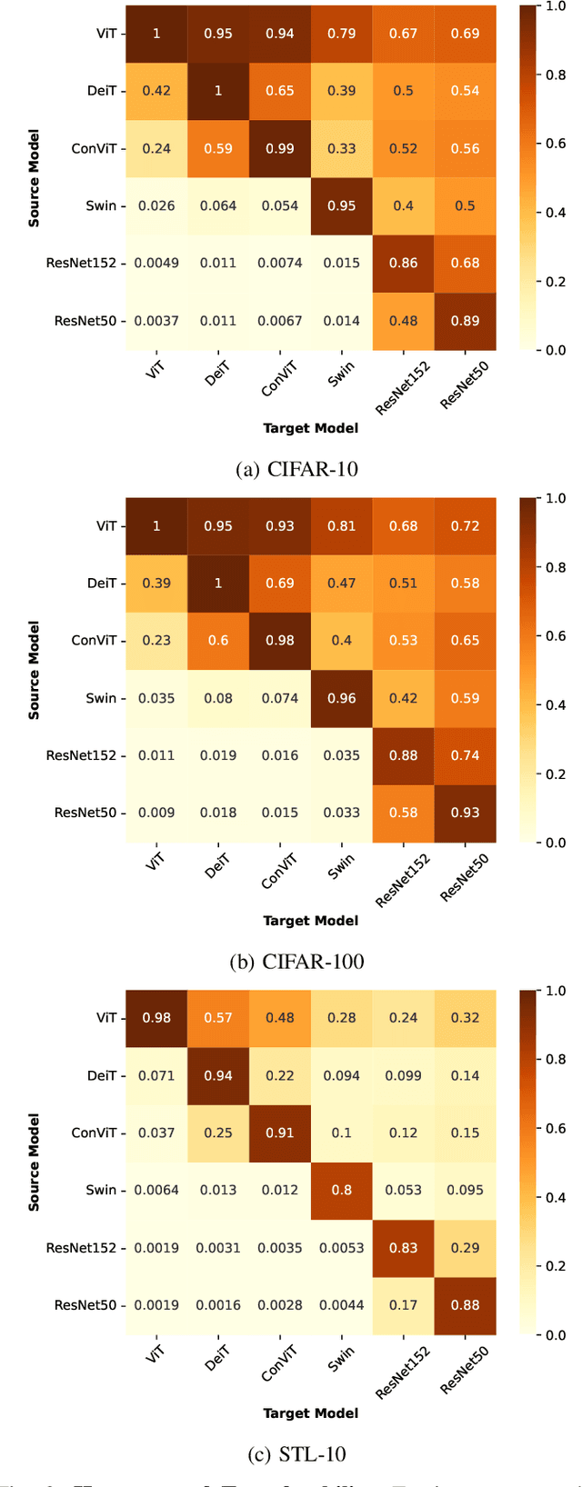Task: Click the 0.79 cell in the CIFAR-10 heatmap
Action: click(x=342, y=34)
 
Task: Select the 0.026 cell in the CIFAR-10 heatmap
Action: click(x=156, y=205)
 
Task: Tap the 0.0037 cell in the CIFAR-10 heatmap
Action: click(x=156, y=321)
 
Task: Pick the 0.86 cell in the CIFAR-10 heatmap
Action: click(x=404, y=264)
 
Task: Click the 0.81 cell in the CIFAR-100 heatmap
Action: click(x=342, y=526)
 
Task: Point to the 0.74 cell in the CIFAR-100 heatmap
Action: click(x=465, y=755)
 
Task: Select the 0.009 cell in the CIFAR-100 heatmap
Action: click(x=156, y=813)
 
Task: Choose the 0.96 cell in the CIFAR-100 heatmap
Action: click(x=342, y=698)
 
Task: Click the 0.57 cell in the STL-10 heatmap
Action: click(x=218, y=1018)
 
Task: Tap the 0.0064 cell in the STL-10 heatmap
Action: click(x=156, y=1191)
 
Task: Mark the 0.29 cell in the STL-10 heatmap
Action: click(x=465, y=1248)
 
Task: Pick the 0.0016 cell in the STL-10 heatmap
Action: click(x=218, y=1305)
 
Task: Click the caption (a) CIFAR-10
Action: click(x=296, y=469)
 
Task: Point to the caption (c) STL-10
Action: click(x=296, y=1454)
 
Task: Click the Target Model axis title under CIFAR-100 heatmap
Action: click(x=311, y=921)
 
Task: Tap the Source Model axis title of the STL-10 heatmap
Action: click(x=34, y=1163)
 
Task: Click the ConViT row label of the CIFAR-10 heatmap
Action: click(x=94, y=148)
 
